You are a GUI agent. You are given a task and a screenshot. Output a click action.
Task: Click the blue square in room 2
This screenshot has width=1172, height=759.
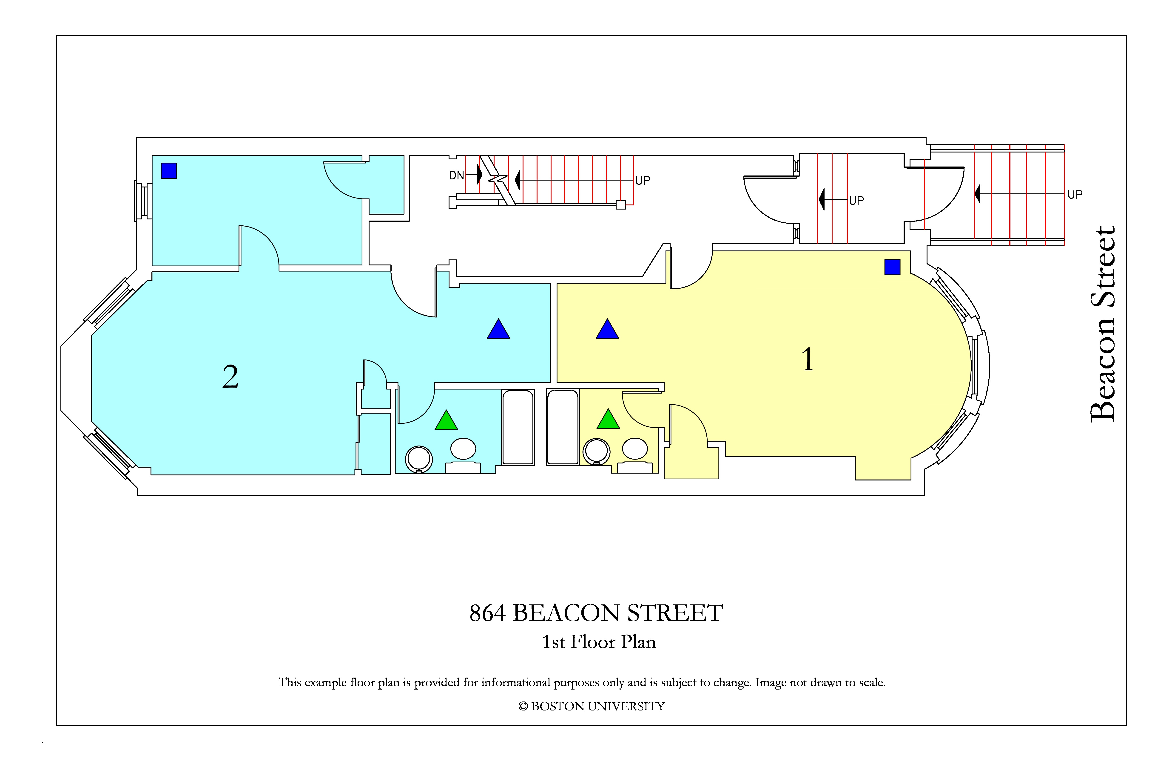point(169,170)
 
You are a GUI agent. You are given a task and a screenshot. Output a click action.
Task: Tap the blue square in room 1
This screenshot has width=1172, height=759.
point(892,267)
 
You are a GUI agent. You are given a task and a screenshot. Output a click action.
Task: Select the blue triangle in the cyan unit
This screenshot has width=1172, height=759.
point(498,329)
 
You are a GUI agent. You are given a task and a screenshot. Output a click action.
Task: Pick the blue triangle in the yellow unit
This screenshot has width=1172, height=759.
point(607,329)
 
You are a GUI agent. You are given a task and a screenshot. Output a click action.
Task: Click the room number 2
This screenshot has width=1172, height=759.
point(230,377)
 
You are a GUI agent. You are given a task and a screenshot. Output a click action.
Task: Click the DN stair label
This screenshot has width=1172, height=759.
point(456,175)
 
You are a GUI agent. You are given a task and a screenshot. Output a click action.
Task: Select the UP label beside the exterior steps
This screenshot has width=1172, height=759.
point(1075,195)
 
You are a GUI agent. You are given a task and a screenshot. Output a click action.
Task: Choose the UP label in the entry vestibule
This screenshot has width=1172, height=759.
point(856,201)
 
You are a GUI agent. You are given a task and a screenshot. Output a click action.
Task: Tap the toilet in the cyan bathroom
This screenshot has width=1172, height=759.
point(418,459)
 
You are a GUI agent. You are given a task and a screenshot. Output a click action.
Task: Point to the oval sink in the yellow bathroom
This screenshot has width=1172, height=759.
point(635,448)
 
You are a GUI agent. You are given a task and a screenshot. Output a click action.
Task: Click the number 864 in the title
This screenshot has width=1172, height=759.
point(487,613)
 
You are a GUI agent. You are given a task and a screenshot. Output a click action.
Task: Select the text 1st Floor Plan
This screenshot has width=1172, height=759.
point(599,642)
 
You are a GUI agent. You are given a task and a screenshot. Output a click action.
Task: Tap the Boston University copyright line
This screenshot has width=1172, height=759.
point(592,706)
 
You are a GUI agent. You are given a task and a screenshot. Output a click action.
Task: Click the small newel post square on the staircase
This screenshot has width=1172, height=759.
point(620,205)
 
